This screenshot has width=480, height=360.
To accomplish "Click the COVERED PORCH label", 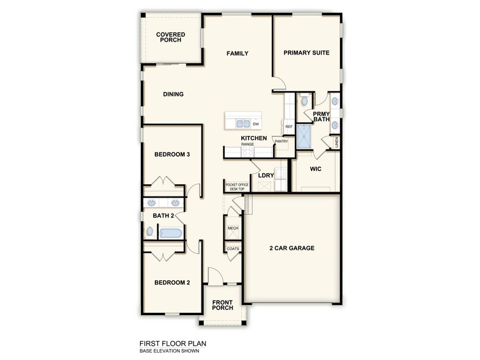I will coord(171,37).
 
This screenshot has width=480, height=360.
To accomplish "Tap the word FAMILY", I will coord(237,53).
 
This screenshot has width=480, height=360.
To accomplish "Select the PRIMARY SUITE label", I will coord(306,53).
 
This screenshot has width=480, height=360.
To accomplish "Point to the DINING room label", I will coord(173,94).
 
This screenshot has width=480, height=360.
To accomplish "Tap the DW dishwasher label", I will coord(256,124).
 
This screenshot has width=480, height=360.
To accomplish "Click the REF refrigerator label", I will coord(289,127).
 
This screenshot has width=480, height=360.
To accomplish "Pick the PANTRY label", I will coord(282,141).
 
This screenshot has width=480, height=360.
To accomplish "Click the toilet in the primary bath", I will coord(304,100).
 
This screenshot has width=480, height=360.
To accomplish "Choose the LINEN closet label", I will coord(337,143).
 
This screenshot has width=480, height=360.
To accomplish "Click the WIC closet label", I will coord(316,168).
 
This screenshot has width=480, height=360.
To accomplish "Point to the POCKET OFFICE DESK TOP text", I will coord(237,187).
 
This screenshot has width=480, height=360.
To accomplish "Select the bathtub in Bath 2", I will coord(171,233).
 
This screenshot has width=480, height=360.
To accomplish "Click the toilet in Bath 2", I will coord(150,232).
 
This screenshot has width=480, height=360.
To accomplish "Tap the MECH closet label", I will coord(233,228).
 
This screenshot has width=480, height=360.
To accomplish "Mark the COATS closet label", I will coord(233,249).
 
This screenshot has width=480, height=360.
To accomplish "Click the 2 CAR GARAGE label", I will coord(292,248).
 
